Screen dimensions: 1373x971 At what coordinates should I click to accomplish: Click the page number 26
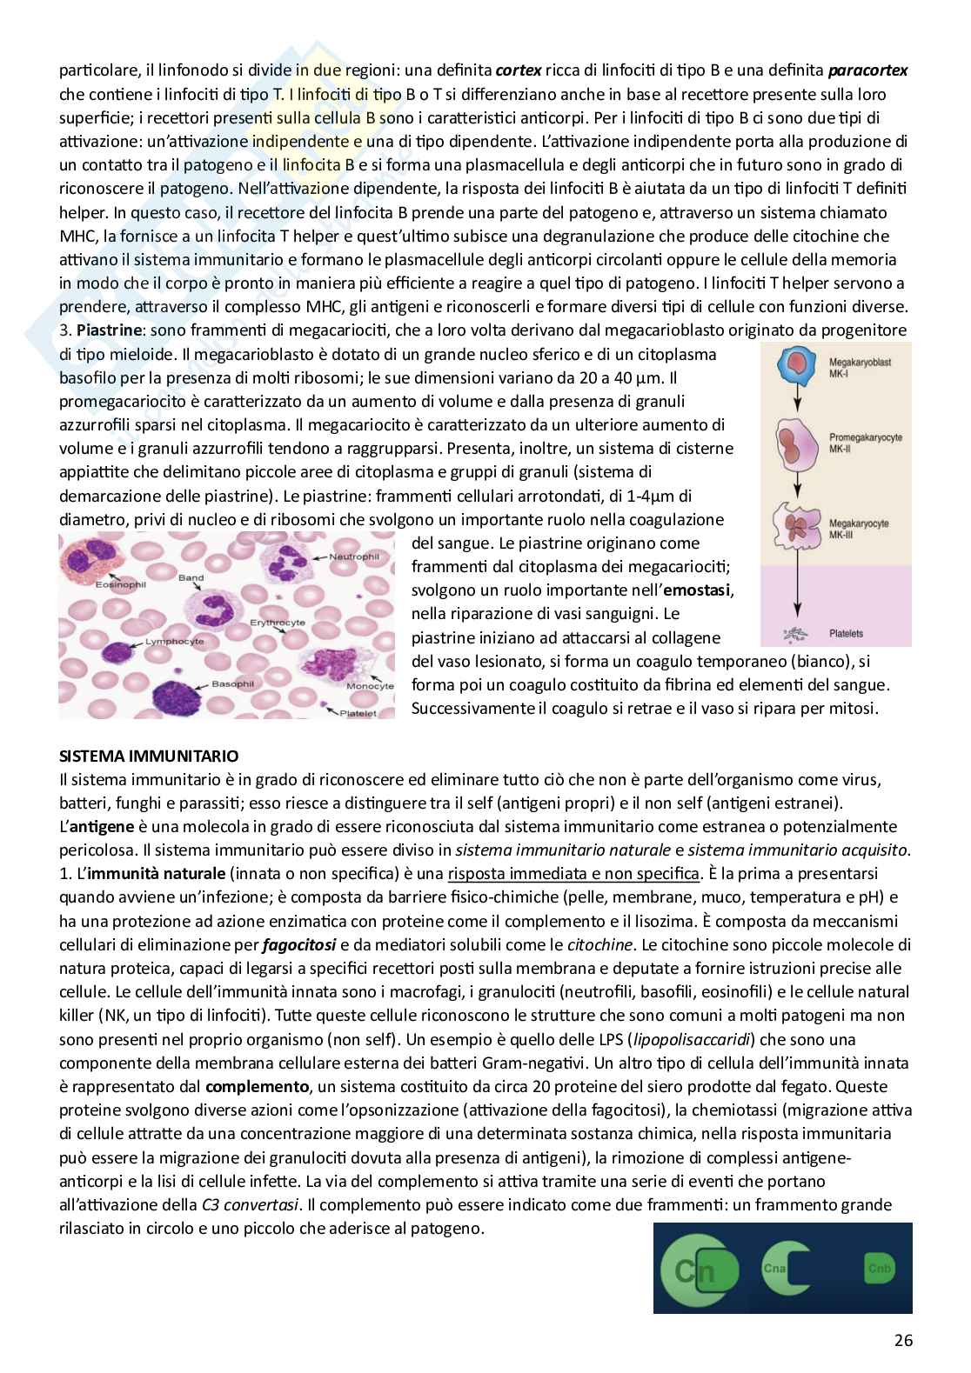coord(902,1340)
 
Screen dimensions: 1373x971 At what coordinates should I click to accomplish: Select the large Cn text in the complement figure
coord(696,1271)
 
